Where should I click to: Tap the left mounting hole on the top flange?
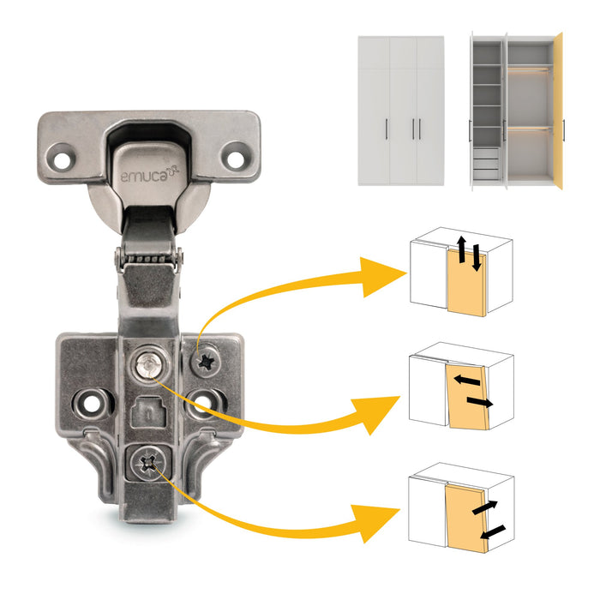[61, 158]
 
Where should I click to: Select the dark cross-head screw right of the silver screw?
[206, 365]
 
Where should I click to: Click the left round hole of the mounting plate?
[92, 400]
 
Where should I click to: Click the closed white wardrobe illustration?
[400, 109]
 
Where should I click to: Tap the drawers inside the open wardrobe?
[485, 163]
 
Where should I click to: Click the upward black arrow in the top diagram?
[460, 251]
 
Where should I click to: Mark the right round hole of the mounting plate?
[207, 399]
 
